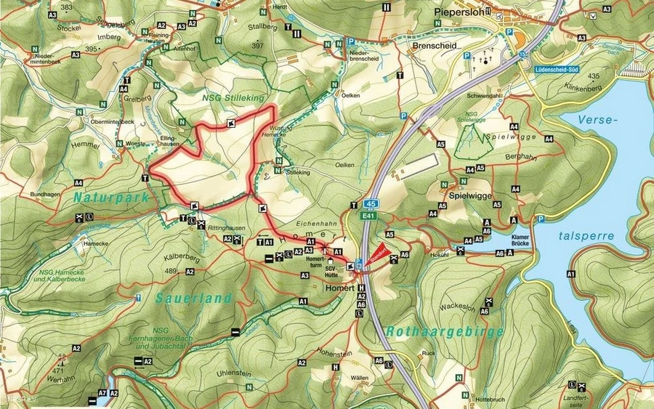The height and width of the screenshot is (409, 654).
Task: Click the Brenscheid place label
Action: tap(412, 44)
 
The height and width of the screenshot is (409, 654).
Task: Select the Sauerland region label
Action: tap(193, 298)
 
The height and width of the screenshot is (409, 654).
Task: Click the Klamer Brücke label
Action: tap(522, 240)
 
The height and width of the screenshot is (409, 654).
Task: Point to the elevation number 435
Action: tap(594, 76)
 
